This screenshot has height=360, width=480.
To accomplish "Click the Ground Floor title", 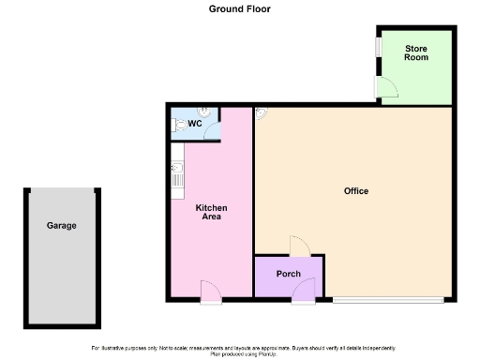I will pos(239,8).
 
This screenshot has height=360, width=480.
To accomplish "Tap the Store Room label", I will pos(416,52).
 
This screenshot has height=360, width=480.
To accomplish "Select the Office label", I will pos(356,191).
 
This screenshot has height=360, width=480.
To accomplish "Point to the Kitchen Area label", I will pos(211,212).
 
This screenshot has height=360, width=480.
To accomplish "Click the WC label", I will pos(195,123).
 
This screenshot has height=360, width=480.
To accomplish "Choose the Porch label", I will pos(287,274).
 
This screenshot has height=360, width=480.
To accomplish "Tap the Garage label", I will pos(62,226).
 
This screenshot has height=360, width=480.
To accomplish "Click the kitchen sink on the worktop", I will pos(175,169).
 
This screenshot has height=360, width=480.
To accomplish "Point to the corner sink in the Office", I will pos(260,112).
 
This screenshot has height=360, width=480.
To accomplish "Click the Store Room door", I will pos(385,87).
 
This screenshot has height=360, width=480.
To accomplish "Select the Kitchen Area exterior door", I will pos(211,293).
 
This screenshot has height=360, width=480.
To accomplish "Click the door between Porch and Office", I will pos(297,247).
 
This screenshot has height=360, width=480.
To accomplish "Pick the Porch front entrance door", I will pos(303,293).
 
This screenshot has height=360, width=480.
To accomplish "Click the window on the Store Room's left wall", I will pos(377,48).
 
